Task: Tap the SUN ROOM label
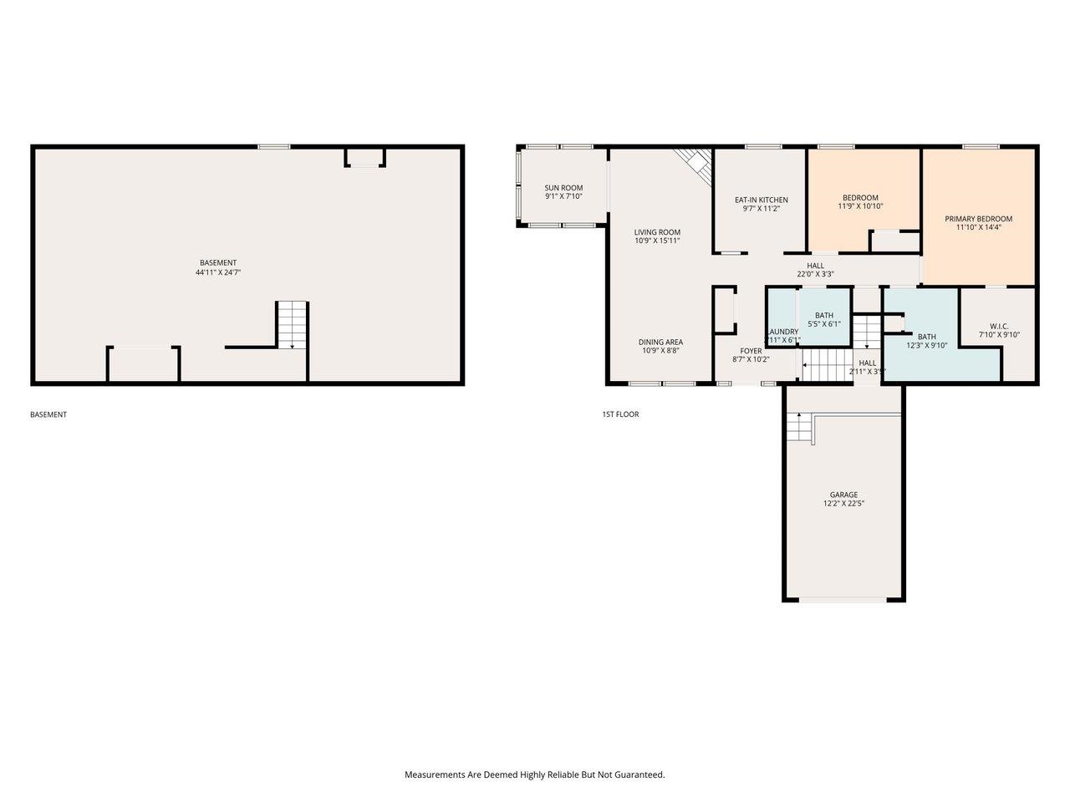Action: pyautogui.click(x=563, y=192)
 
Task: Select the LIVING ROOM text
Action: pyautogui.click(x=657, y=236)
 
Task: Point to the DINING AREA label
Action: pyautogui.click(x=660, y=346)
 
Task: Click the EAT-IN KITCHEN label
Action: pyautogui.click(x=761, y=204)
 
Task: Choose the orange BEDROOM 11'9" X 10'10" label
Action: pyautogui.click(x=860, y=201)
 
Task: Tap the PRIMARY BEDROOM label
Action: pyautogui.click(x=978, y=222)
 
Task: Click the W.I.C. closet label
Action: pyautogui.click(x=999, y=330)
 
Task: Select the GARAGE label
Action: pyautogui.click(x=843, y=499)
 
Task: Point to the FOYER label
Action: pyautogui.click(x=751, y=354)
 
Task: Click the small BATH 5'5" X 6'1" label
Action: pyautogui.click(x=823, y=319)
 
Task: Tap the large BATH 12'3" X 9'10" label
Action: pyautogui.click(x=926, y=340)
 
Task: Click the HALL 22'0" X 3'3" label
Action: pyautogui.click(x=815, y=269)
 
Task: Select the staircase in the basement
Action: pyautogui.click(x=293, y=325)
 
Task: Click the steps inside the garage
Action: pyautogui.click(x=799, y=428)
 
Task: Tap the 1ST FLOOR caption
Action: pyautogui.click(x=620, y=414)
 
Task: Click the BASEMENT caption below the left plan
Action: pyautogui.click(x=48, y=414)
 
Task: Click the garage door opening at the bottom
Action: pyautogui.click(x=843, y=599)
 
